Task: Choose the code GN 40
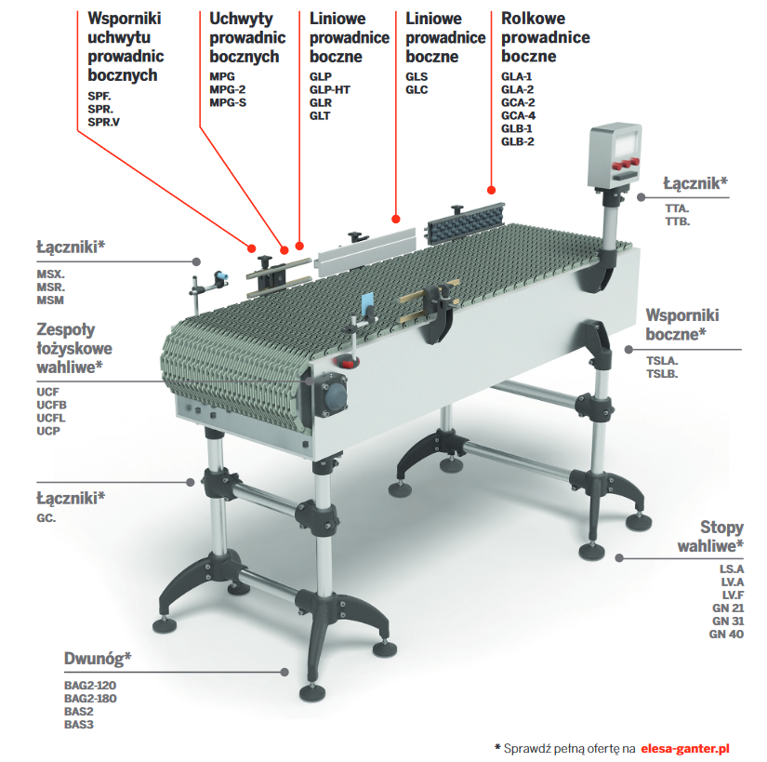point(728,634)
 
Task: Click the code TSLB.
point(663,373)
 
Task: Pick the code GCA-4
point(518,115)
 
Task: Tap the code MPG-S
point(228,102)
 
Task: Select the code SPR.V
point(103,122)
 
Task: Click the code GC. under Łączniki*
point(46,517)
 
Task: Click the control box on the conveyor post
point(617,153)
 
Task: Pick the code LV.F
point(733,594)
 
